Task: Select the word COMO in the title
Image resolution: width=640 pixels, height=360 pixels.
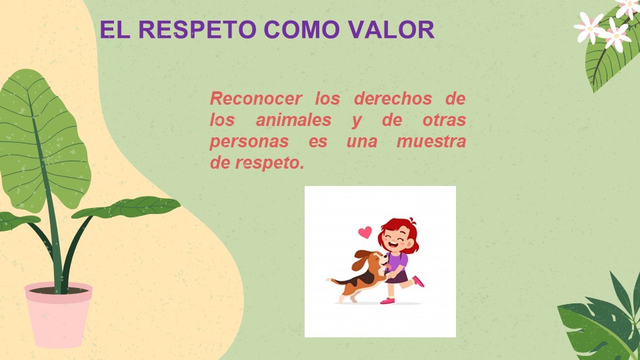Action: [x=301, y=29]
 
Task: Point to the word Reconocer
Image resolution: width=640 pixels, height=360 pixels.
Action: [x=256, y=99]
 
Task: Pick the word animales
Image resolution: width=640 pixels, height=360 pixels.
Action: [x=293, y=120]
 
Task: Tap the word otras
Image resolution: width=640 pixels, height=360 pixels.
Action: [x=444, y=120]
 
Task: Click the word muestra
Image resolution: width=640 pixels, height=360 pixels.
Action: [x=431, y=141]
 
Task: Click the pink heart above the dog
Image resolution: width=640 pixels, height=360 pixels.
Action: [x=365, y=232]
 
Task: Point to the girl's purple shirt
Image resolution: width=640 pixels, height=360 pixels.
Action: [x=397, y=262]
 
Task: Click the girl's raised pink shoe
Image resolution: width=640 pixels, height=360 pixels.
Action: [x=418, y=281]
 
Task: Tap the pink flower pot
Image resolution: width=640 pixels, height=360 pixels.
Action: [x=59, y=314]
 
